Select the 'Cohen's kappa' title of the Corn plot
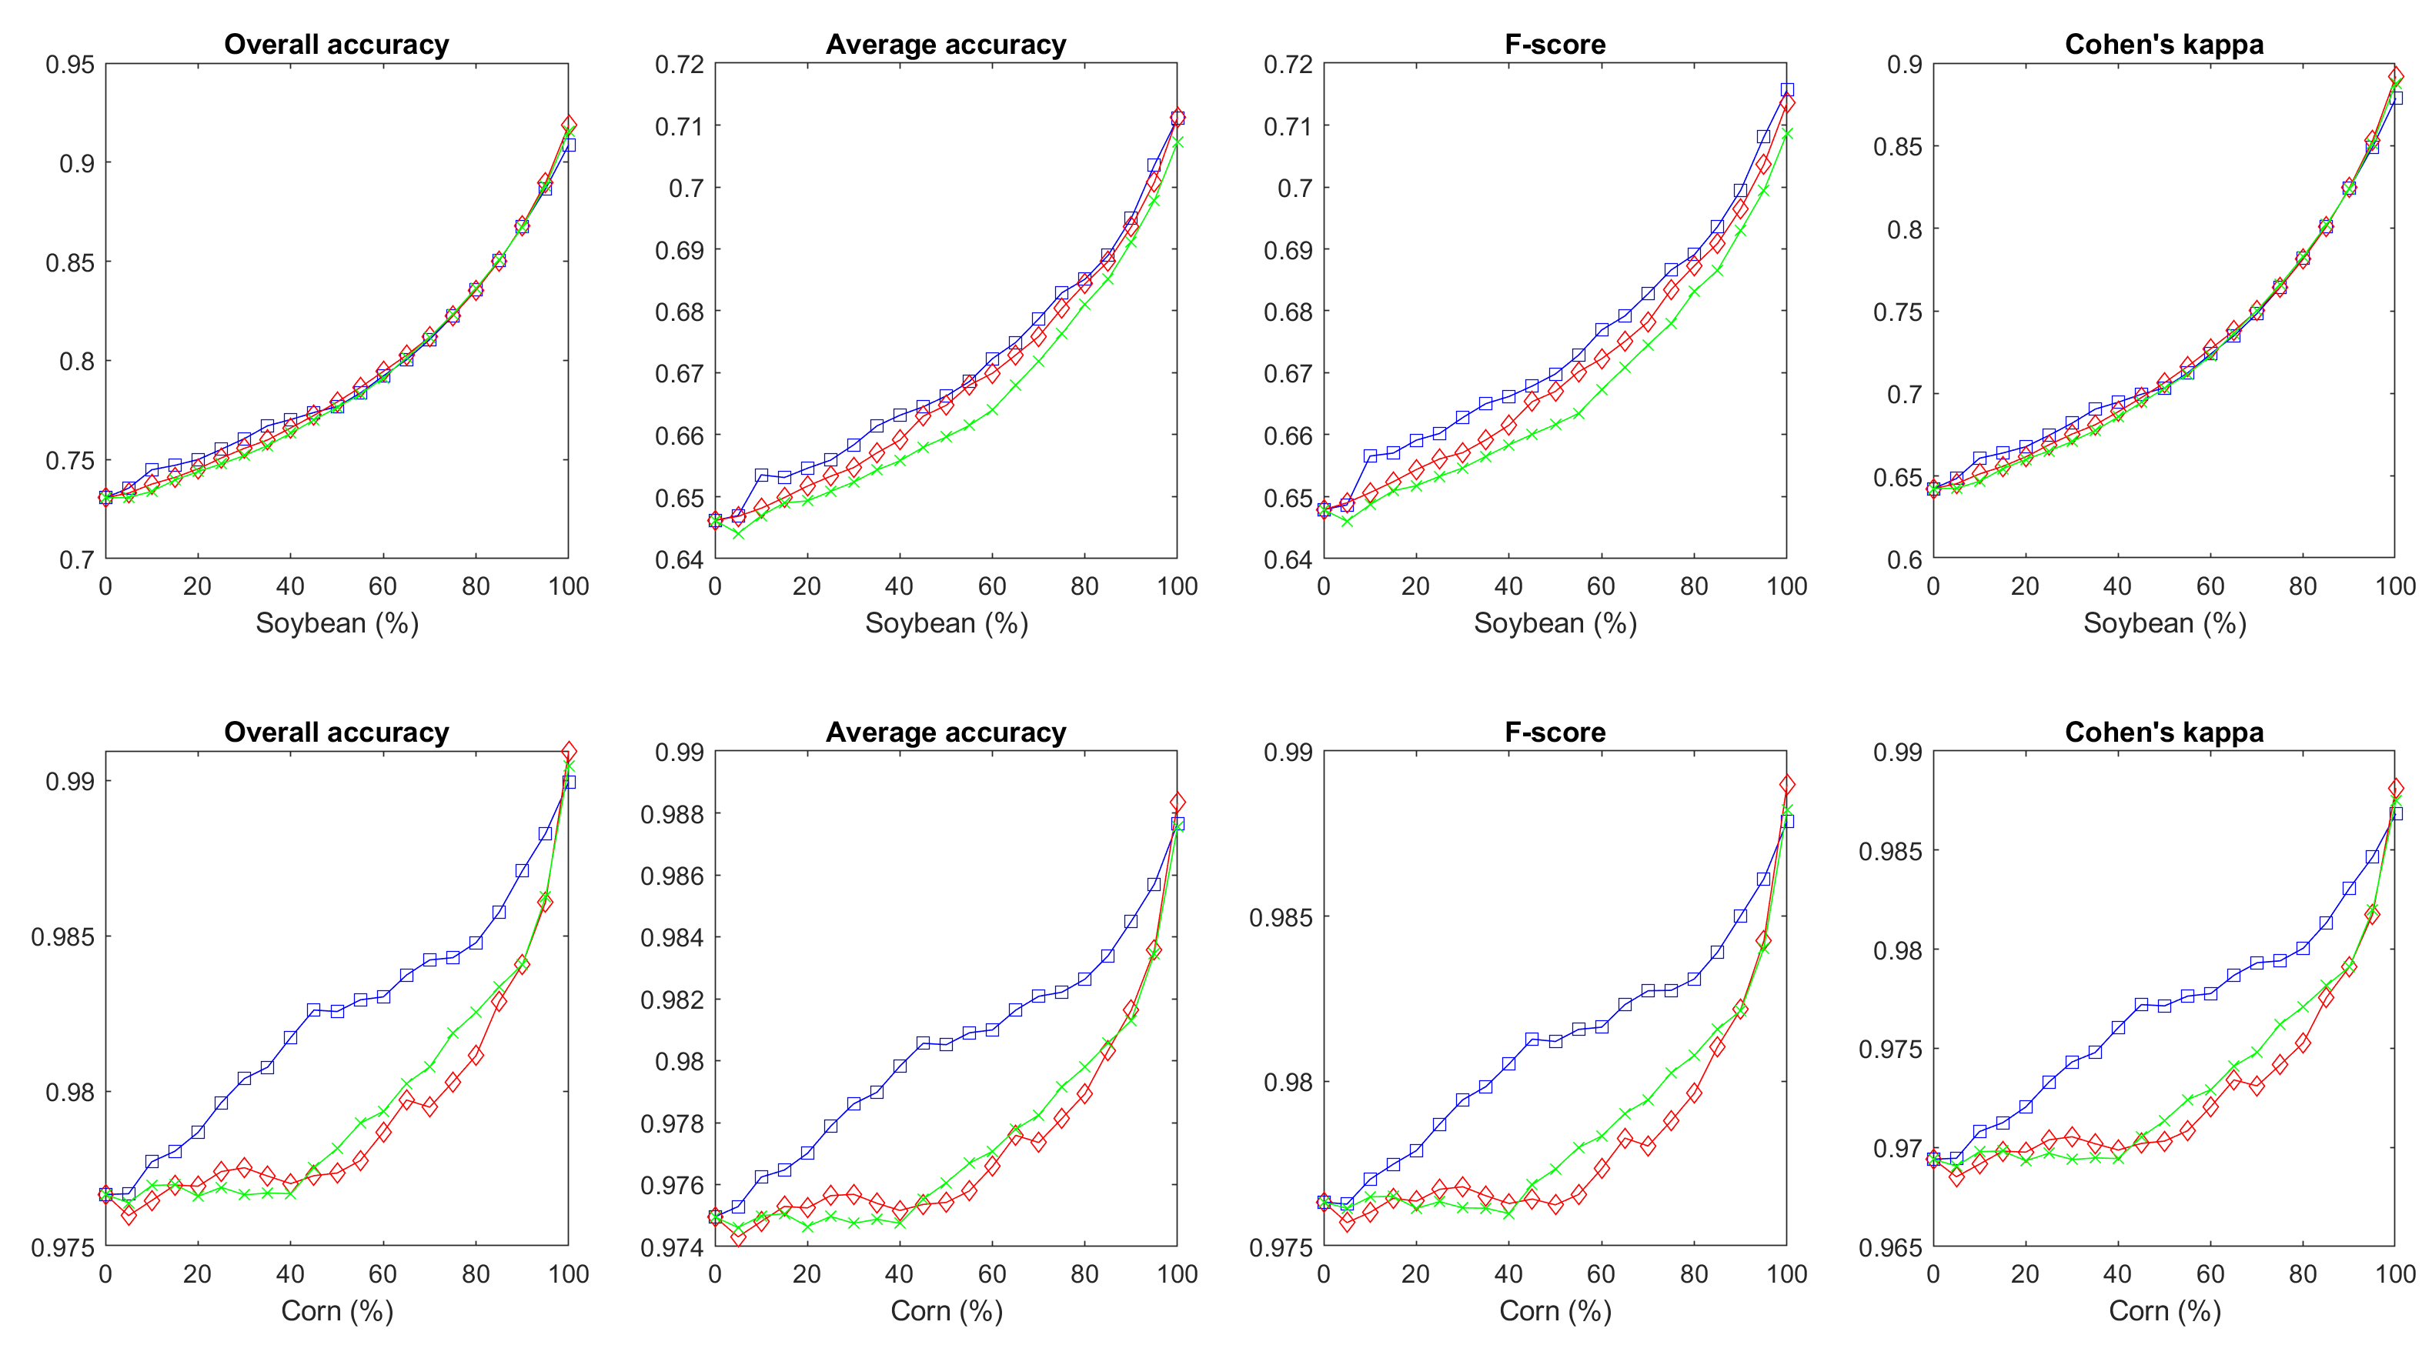pos(2163,733)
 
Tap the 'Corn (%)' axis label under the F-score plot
pos(1555,1310)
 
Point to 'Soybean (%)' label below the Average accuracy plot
pos(946,622)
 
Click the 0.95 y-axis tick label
pos(71,64)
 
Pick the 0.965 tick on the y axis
pos(1890,1247)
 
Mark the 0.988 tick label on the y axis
pos(671,814)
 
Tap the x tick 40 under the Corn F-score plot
pos(1508,1273)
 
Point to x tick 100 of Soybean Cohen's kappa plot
pos(2395,586)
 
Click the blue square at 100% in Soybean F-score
pos(1786,90)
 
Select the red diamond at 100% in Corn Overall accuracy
pos(568,752)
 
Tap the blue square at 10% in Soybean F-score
pos(1370,456)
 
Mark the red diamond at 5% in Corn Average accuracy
pos(738,1238)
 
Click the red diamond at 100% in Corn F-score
pos(1786,784)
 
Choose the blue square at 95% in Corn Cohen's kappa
pos(2372,857)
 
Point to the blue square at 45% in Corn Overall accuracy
pos(313,1010)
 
